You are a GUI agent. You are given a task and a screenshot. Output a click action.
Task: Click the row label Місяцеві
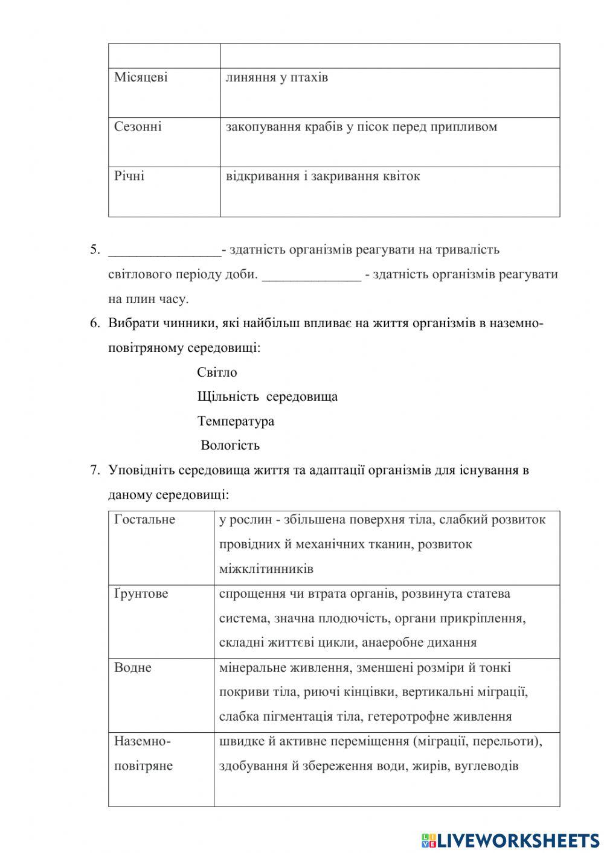(141, 77)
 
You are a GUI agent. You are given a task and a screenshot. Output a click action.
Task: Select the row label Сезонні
(138, 127)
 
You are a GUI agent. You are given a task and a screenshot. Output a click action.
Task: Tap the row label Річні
(129, 176)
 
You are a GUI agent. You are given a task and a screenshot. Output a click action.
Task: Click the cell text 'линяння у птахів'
(277, 77)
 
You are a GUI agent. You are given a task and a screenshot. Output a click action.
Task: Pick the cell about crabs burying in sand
(361, 127)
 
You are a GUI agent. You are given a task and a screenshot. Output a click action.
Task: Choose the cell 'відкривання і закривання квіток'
(323, 176)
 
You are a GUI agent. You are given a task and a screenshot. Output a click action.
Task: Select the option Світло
(217, 372)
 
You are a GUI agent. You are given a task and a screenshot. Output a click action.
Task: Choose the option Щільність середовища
(267, 397)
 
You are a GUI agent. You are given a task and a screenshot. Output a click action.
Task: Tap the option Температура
(236, 421)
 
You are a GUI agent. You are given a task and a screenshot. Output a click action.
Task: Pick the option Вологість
(230, 446)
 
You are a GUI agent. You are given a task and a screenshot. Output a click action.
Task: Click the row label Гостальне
(144, 520)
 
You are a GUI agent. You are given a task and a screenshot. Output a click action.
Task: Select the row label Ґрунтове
(141, 593)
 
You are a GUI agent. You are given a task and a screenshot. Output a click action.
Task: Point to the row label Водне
(133, 667)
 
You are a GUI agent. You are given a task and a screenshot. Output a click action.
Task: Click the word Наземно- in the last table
(143, 741)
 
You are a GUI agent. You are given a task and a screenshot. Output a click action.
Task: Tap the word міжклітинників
(266, 569)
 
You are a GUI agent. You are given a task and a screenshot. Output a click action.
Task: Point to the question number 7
(94, 470)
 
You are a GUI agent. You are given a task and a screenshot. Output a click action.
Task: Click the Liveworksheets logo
(510, 840)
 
